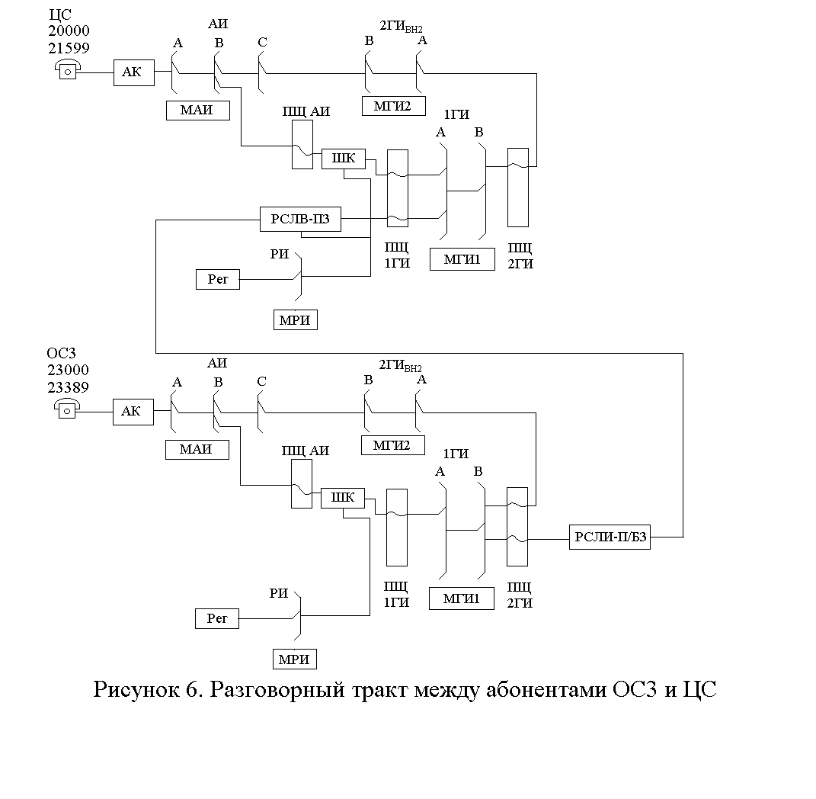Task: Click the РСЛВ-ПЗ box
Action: [300, 220]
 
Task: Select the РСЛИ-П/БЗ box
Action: [610, 537]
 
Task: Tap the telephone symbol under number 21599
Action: [68, 69]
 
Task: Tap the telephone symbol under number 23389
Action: [67, 409]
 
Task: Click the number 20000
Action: [69, 30]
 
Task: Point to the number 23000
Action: [68, 370]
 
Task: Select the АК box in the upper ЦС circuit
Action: [134, 72]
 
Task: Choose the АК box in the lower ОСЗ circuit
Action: [133, 412]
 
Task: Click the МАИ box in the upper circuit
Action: [198, 111]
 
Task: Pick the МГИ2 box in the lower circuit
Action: [393, 445]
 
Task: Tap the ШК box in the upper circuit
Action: [344, 159]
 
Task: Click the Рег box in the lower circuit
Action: [217, 619]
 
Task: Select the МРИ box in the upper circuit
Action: [295, 319]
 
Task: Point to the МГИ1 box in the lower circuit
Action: [461, 599]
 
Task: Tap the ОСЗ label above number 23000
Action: [62, 353]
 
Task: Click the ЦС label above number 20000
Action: [60, 14]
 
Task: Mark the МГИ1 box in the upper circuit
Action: [462, 259]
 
